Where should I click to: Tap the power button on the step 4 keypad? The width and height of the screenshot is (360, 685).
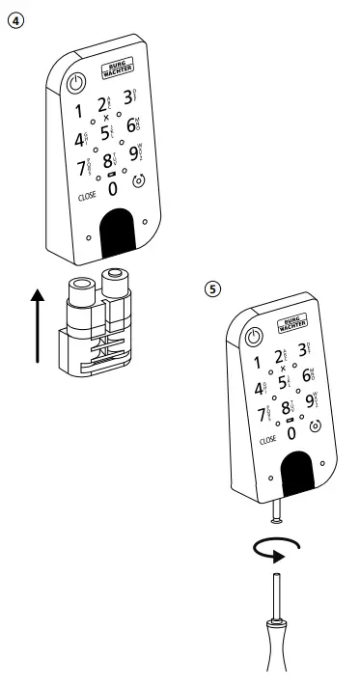[x=76, y=84]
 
